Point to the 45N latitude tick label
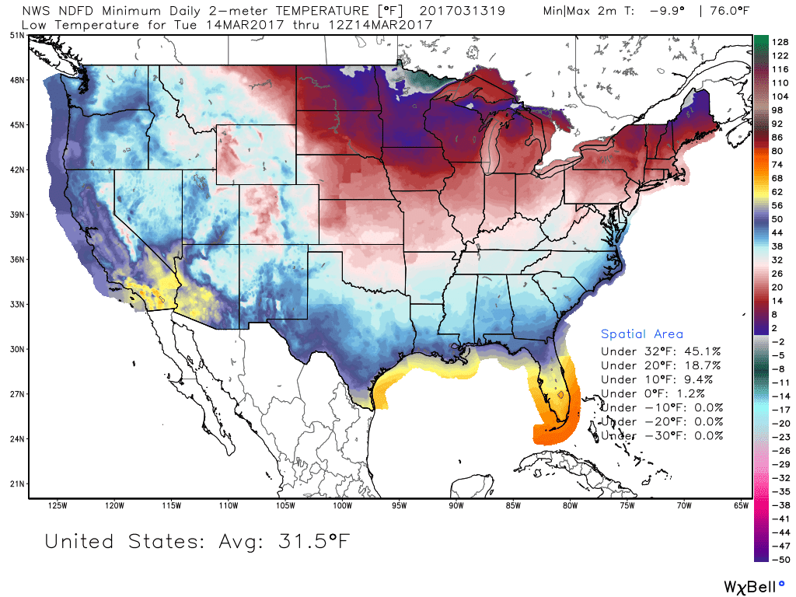click(14, 124)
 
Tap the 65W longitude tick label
click(741, 507)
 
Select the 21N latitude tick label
click(14, 484)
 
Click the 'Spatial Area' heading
click(642, 334)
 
